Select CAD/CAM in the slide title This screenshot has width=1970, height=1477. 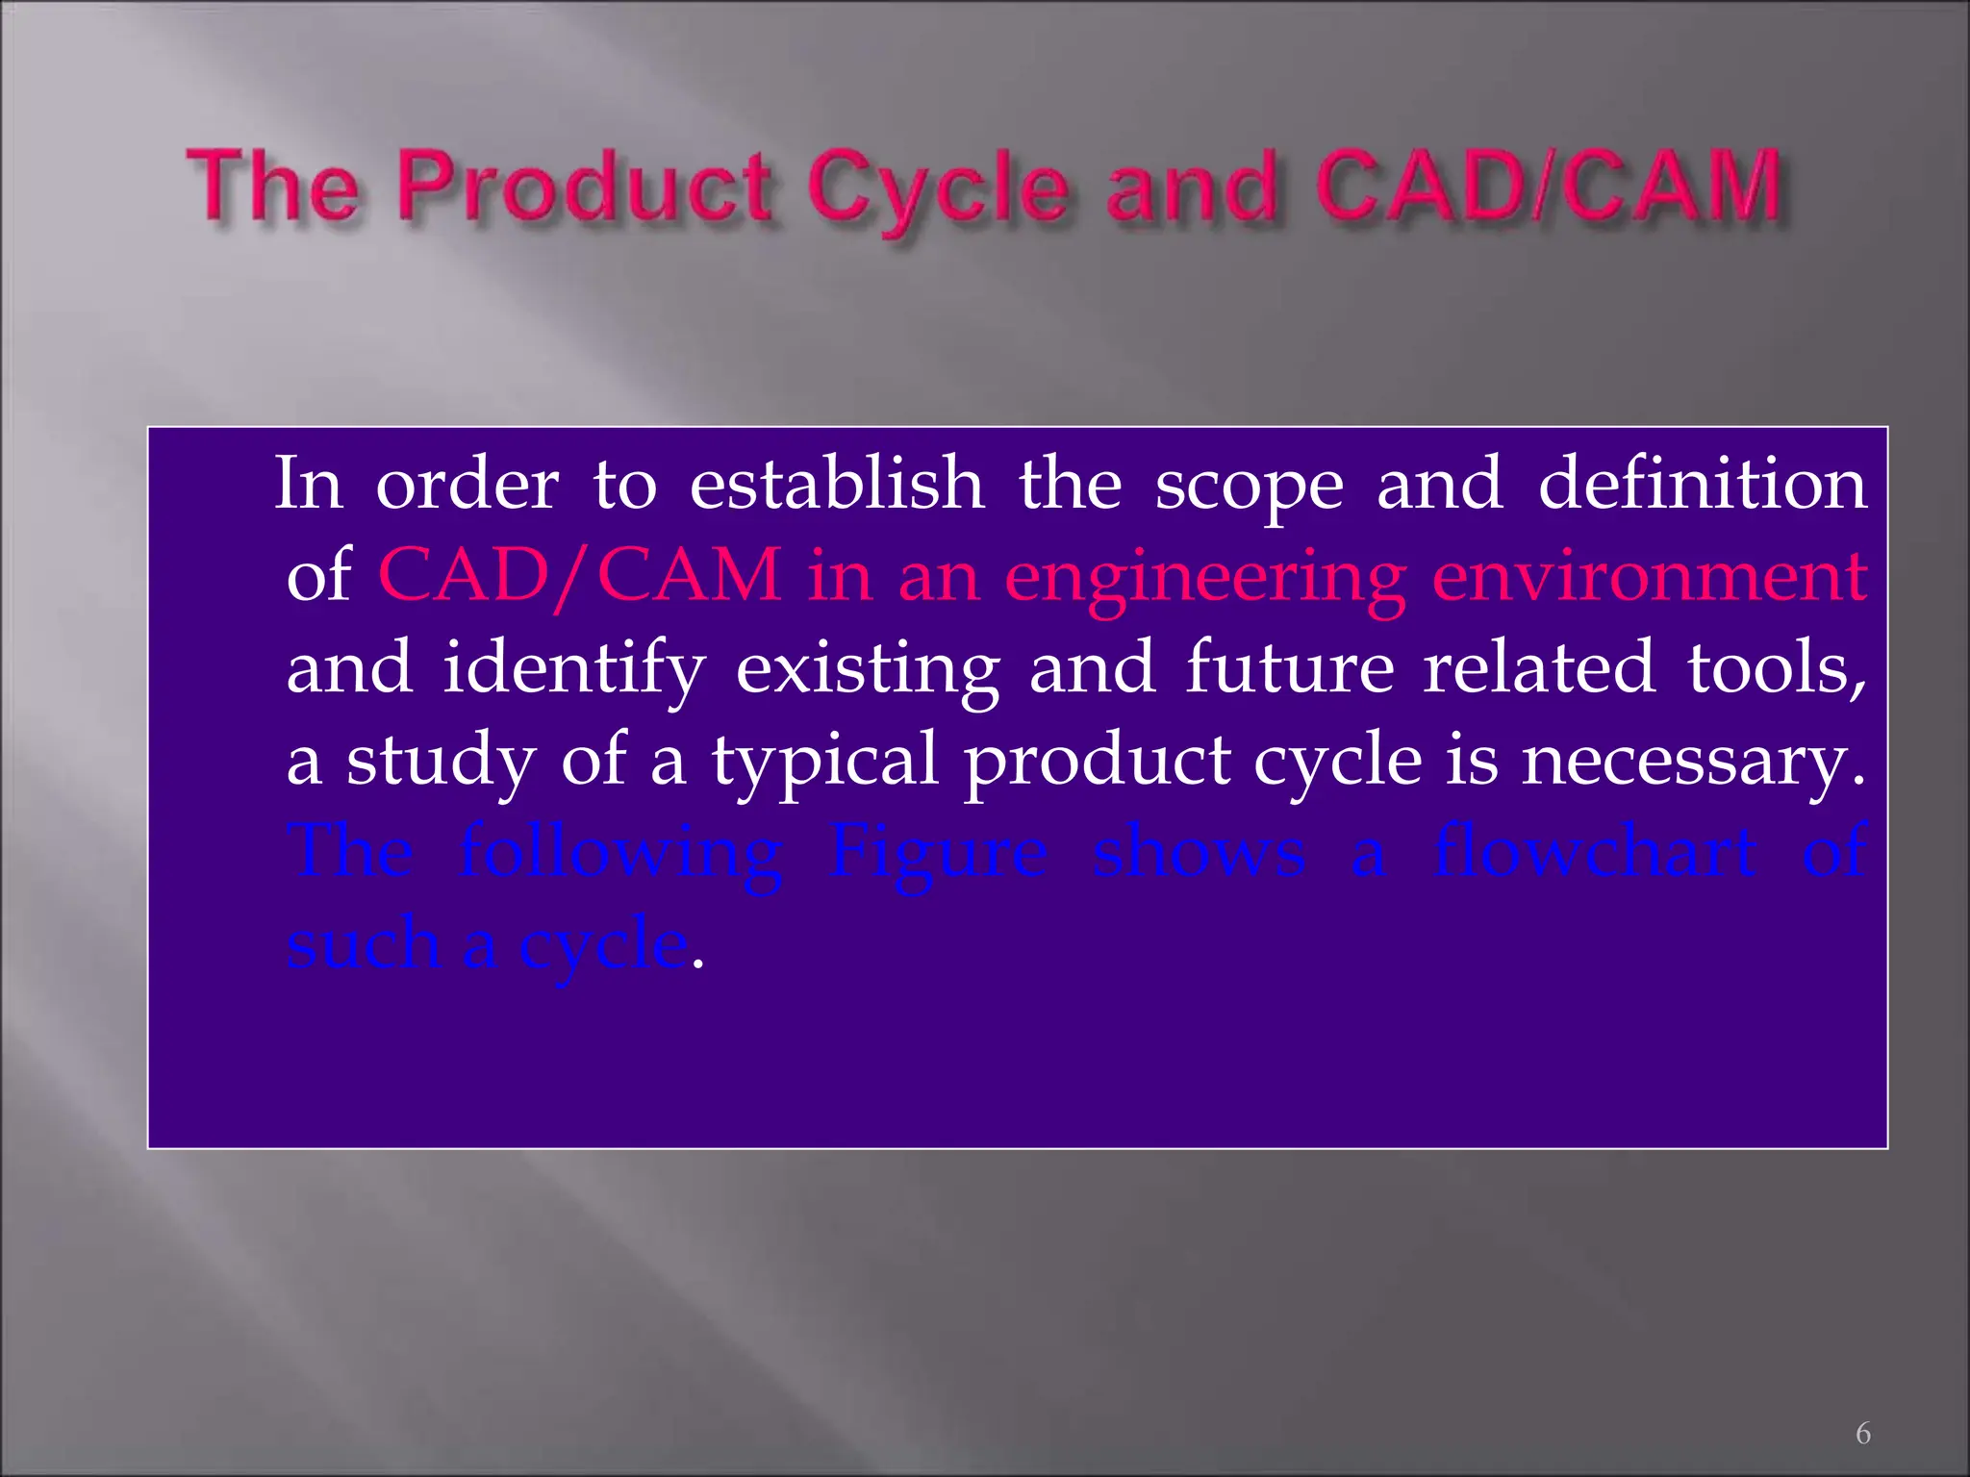1548,186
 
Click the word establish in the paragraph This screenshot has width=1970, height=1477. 837,483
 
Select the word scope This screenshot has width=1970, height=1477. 1249,485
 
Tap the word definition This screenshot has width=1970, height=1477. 1703,483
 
